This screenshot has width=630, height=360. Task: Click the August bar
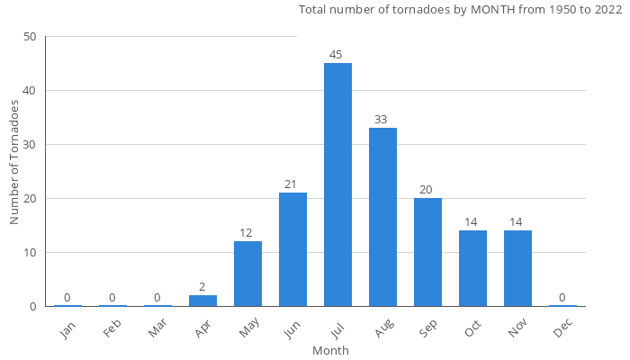pos(382,217)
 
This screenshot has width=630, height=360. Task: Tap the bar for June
pos(292,249)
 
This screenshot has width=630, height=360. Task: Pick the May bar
pos(247,274)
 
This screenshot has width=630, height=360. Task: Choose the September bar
pos(427,252)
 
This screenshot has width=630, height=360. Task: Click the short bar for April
pos(202,301)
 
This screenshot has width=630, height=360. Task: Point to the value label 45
pos(336,55)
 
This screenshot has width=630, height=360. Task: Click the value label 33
pos(381,120)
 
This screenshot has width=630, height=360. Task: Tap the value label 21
pos(291,184)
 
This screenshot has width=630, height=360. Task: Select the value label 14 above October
pos(471,222)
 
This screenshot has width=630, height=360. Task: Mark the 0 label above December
pos(562,298)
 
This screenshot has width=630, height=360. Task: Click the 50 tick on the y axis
pos(31,37)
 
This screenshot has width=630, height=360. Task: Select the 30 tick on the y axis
pos(31,145)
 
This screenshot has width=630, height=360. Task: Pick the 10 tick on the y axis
pos(31,253)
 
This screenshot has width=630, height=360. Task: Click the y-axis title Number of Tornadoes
pos(15,163)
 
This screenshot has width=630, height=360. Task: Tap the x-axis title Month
pos(330,350)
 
